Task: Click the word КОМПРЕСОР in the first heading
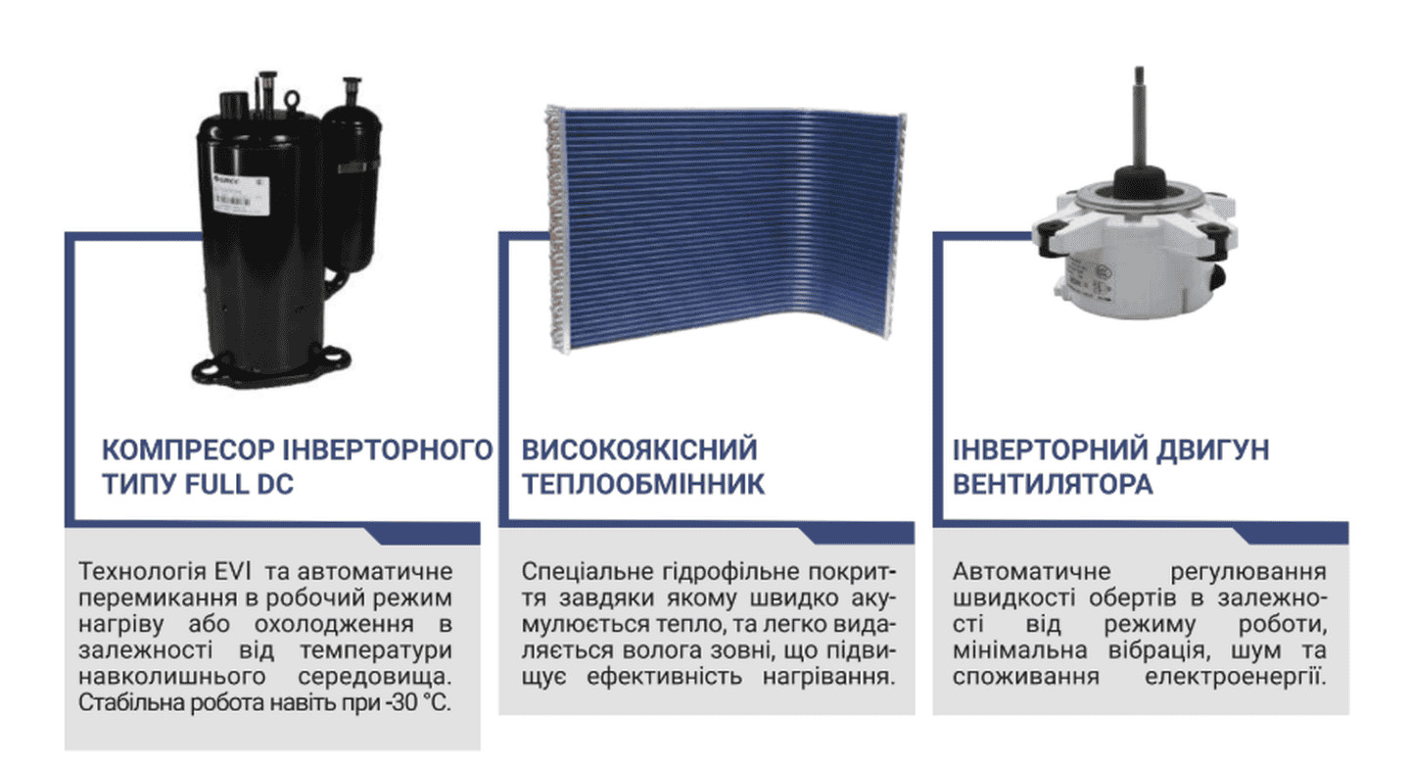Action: point(189,451)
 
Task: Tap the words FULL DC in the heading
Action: point(239,484)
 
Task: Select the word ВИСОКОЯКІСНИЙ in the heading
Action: point(639,451)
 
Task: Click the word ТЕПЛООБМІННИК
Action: point(643,484)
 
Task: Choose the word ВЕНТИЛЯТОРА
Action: point(1053,484)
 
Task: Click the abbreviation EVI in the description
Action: point(232,572)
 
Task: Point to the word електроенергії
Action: point(1235,677)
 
